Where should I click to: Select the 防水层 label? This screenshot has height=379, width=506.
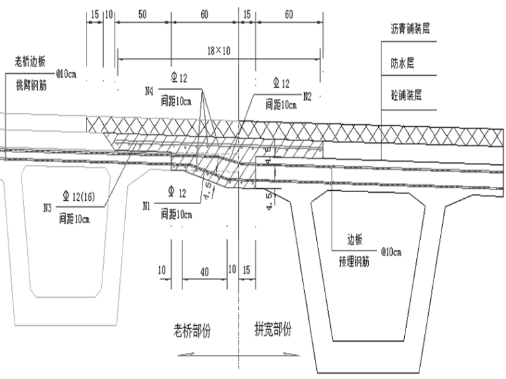point(404,64)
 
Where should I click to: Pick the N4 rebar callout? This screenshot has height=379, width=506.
point(150,88)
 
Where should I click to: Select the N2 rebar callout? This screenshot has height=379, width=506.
point(307,96)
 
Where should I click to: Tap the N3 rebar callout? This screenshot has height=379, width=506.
point(47,207)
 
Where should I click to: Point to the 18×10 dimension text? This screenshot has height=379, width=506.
point(218,51)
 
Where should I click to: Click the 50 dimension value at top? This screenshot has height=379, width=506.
point(142,14)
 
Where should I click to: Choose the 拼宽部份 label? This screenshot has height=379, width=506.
point(274,330)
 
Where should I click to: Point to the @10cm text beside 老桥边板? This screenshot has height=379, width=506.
point(67,73)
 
